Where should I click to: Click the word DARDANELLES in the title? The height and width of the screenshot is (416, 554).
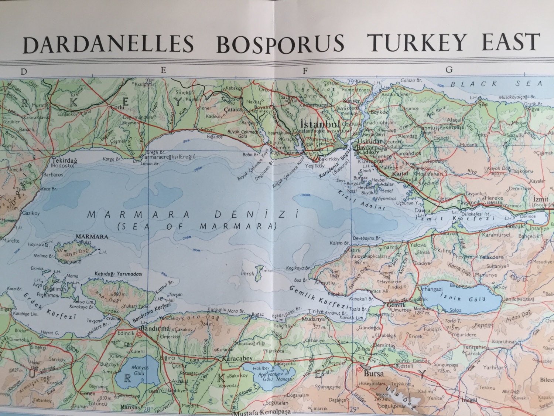pos(108,44)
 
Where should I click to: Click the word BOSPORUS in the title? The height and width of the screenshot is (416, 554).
pos(280,44)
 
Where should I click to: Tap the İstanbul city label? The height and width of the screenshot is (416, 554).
pos(320,124)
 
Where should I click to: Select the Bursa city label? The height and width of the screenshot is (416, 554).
pos(374,373)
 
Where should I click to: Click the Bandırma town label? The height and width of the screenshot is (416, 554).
pos(155,328)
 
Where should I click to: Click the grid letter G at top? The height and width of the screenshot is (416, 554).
pos(449,70)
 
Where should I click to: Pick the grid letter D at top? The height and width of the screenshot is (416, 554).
pos(24,72)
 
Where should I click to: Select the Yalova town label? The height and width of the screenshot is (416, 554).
pos(417,245)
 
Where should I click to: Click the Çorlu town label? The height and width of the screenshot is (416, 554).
pos(117,107)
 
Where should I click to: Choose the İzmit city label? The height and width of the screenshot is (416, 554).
pos(541,199)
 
